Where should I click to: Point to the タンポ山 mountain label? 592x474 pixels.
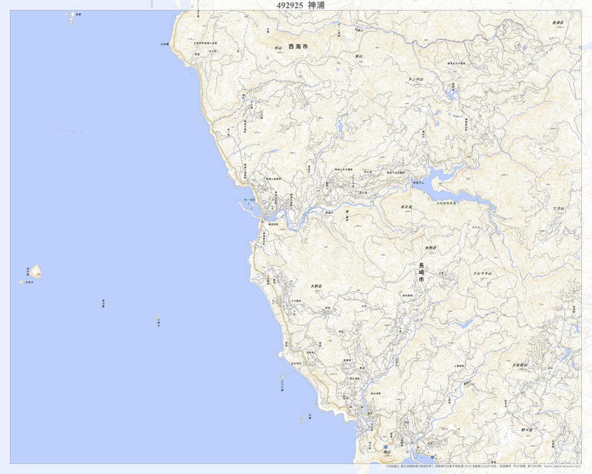[416, 79]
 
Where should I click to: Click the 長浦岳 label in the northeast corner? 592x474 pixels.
[558, 22]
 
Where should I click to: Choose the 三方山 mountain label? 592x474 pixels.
[558, 209]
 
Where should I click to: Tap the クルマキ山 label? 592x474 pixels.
[483, 273]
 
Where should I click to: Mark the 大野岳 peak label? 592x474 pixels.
[316, 286]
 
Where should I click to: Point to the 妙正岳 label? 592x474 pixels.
[406, 207]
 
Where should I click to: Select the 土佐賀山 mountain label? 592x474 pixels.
[519, 365]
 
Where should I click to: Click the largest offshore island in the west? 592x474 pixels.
[36, 271]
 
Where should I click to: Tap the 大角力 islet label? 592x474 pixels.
[29, 282]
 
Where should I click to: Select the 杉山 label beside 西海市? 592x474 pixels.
[278, 48]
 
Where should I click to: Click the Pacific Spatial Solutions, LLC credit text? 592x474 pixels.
[562, 466]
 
